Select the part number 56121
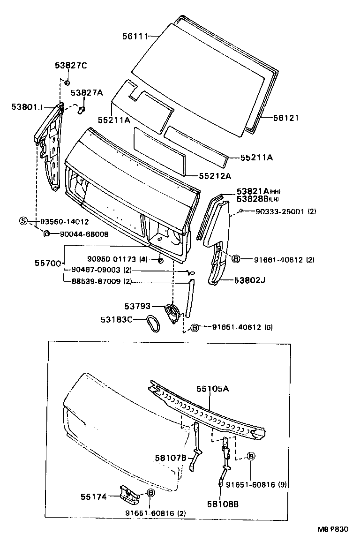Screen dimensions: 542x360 click(285, 118)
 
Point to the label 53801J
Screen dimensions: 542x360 click(27, 107)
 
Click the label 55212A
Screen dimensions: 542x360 click(215, 176)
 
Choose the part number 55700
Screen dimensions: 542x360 click(48, 263)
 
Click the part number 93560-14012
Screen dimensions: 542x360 click(64, 221)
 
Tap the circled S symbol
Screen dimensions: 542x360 click(23, 221)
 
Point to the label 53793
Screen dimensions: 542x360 click(137, 306)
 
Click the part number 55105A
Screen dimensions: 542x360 click(212, 389)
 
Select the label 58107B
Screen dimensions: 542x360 click(171, 457)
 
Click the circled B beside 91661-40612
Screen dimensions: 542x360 click(236, 259)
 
